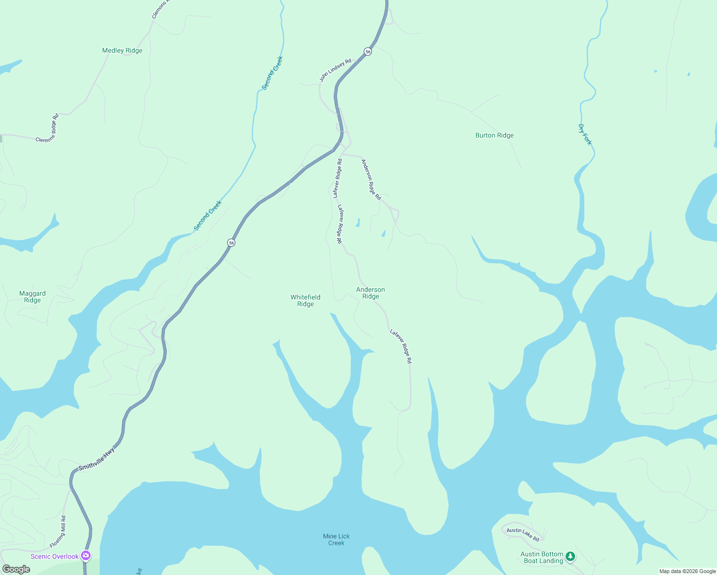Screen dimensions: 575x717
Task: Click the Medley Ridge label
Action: tap(122, 50)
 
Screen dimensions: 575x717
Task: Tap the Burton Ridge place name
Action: tap(494, 135)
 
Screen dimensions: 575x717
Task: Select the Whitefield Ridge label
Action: tap(305, 300)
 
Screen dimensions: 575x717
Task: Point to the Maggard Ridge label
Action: tap(33, 297)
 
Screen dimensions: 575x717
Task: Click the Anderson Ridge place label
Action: tap(370, 293)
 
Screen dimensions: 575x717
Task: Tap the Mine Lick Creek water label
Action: tap(336, 540)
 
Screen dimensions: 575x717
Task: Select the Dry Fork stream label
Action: tap(585, 135)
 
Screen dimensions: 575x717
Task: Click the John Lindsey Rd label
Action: tap(335, 70)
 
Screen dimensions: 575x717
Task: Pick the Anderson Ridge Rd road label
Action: tap(371, 180)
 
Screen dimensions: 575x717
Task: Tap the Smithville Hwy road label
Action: tap(96, 459)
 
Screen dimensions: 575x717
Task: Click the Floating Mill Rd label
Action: tap(57, 532)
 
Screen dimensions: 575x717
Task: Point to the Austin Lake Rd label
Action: tap(523, 534)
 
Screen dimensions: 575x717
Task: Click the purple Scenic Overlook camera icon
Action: tap(86, 556)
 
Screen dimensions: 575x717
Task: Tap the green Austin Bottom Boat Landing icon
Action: tap(570, 556)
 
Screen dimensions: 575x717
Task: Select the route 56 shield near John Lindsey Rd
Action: tap(368, 51)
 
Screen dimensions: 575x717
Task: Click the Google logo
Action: tap(16, 569)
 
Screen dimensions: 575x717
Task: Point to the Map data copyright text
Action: tap(687, 571)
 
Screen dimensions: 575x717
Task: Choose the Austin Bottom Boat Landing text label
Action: tap(542, 557)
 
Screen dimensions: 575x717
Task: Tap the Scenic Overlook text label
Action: tap(55, 556)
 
